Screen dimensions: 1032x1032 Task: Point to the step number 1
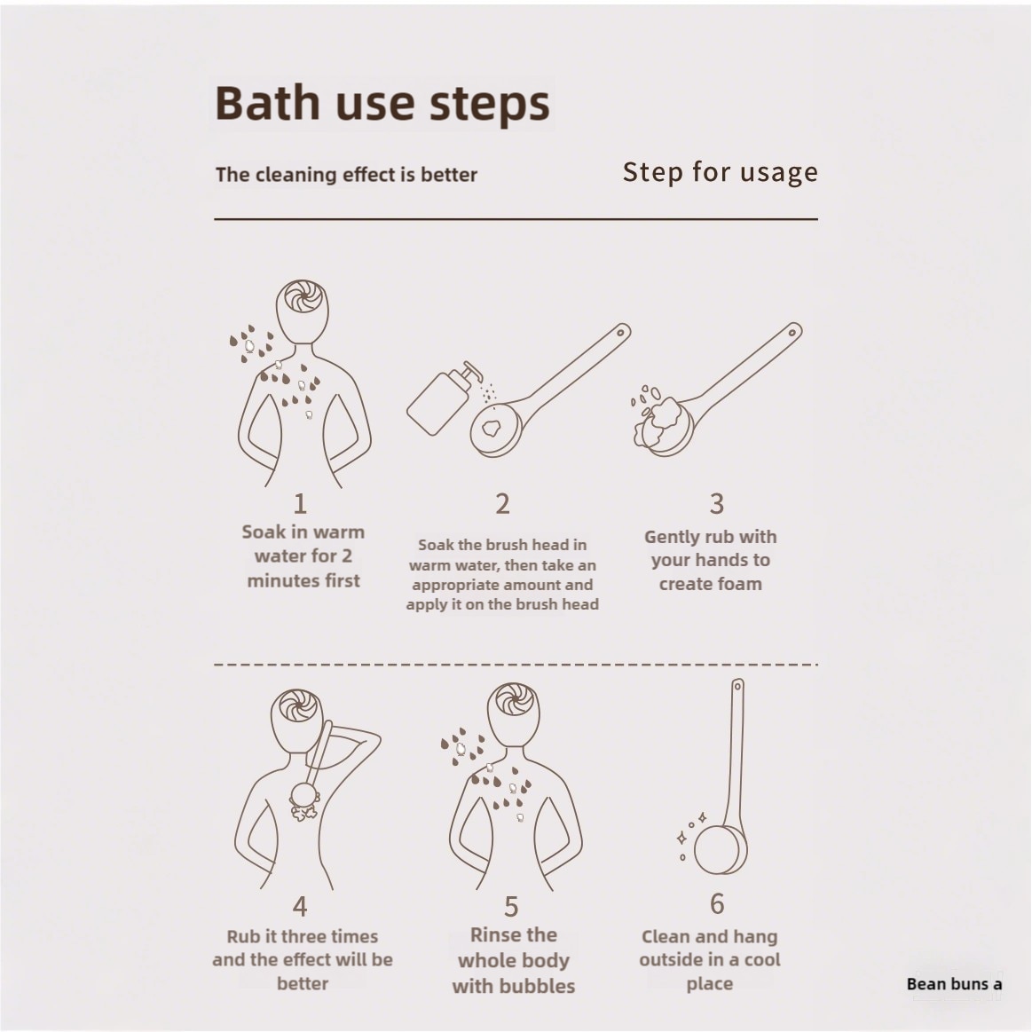(300, 503)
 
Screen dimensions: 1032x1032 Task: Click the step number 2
(502, 503)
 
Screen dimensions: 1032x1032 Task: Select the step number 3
(717, 503)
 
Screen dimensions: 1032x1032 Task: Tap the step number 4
(300, 906)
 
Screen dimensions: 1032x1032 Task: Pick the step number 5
(511, 907)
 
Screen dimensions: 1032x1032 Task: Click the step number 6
(717, 903)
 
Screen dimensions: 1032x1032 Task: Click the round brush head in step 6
(720, 850)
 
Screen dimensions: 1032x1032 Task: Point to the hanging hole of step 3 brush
(792, 333)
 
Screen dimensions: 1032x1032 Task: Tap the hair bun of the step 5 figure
(514, 699)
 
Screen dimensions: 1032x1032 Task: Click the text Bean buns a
(954, 984)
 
